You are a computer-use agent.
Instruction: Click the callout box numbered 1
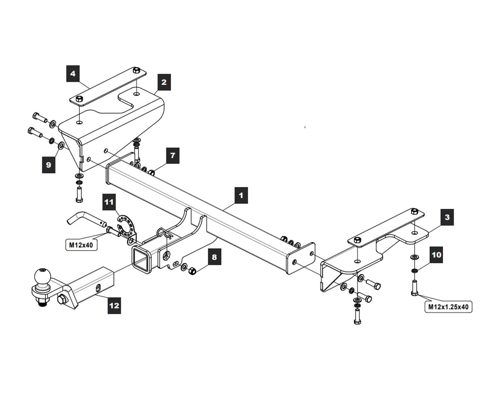[241, 195]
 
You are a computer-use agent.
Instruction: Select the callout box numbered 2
[164, 82]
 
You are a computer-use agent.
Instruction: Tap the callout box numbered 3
[447, 217]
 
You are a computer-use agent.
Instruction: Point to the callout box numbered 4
[73, 74]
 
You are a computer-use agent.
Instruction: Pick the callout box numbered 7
[173, 155]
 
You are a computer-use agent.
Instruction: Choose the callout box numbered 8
[214, 257]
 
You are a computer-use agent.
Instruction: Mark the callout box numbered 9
[49, 165]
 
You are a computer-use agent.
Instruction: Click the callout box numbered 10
[436, 255]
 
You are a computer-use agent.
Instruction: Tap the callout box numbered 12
[114, 305]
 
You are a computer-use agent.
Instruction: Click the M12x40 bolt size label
[81, 245]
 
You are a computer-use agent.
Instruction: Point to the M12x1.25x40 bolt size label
[449, 307]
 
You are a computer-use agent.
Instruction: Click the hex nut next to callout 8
[193, 270]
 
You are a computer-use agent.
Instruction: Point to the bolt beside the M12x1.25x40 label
[414, 288]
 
